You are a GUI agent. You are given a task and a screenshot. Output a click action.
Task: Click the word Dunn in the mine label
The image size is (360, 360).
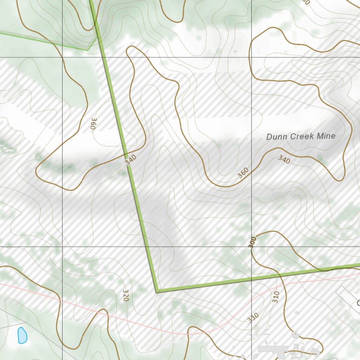(x=275, y=137)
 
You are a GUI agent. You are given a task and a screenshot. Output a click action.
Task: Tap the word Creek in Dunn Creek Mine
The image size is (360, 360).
(x=299, y=136)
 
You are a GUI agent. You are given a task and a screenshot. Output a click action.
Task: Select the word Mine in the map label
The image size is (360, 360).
(x=326, y=136)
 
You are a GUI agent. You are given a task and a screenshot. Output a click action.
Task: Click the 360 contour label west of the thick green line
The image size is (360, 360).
(x=93, y=124)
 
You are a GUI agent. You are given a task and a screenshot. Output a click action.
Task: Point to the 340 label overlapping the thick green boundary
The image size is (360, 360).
(x=130, y=160)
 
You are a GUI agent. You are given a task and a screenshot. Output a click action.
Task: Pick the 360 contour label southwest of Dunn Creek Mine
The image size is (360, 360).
(x=243, y=172)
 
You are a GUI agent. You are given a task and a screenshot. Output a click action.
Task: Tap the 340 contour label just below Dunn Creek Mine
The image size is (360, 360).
(x=284, y=160)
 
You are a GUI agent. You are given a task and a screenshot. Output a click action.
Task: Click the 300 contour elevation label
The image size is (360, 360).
(x=252, y=243)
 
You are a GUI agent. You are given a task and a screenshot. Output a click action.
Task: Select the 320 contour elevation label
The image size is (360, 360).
(x=126, y=295)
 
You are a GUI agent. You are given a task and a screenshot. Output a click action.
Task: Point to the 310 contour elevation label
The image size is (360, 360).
(x=276, y=297)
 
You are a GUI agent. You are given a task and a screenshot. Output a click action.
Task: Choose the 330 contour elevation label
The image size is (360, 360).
(x=253, y=318)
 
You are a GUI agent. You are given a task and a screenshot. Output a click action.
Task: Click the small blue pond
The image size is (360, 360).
(x=22, y=335)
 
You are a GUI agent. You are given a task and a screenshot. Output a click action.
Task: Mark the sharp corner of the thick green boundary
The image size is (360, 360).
(x=157, y=291)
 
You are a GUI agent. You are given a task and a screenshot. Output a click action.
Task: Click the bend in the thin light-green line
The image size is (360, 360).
(x=88, y=50)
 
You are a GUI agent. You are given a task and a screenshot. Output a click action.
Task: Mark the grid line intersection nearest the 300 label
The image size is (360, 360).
(x=251, y=247)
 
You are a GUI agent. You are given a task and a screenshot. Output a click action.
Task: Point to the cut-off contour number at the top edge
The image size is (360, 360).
(x=306, y=2)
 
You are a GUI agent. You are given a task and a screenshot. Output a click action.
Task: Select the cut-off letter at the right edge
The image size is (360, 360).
(x=358, y=303)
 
